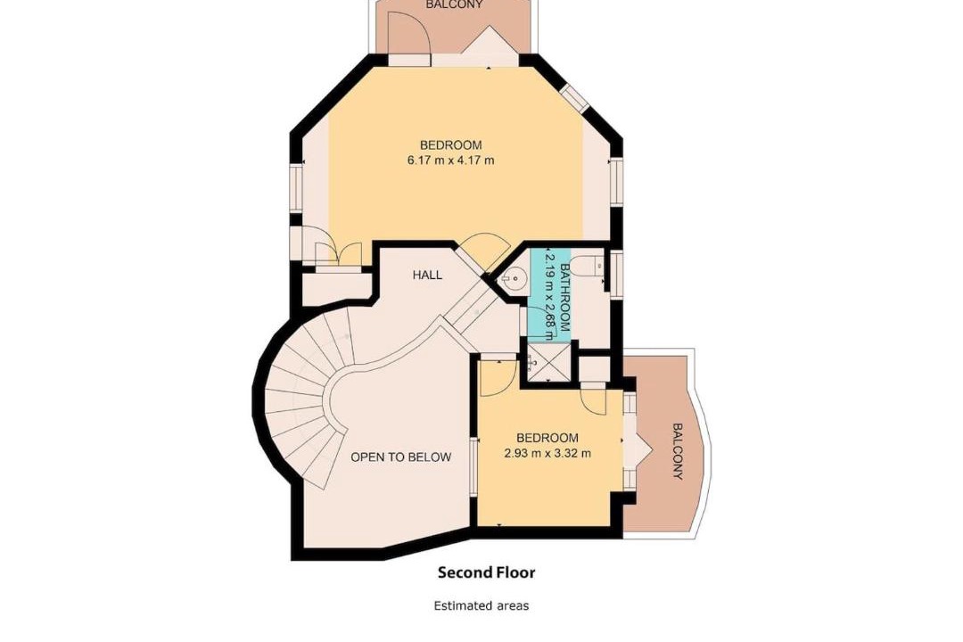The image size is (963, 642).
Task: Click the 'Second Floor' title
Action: [486, 572]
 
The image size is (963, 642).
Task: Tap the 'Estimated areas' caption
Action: [481, 605]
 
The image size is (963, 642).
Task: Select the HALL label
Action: [427, 275]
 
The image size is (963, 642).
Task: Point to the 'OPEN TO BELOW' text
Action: [400, 457]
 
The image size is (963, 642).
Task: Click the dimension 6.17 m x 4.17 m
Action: [451, 160]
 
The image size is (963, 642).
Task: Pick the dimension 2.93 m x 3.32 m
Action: [547, 453]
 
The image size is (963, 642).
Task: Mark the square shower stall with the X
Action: [546, 362]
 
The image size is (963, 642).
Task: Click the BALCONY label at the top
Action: [455, 4]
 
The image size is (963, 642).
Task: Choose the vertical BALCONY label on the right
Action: [677, 451]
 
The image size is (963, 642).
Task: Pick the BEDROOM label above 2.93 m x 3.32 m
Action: [547, 438]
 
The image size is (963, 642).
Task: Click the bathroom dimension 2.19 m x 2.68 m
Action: [549, 294]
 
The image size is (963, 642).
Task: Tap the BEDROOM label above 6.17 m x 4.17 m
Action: [451, 145]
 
